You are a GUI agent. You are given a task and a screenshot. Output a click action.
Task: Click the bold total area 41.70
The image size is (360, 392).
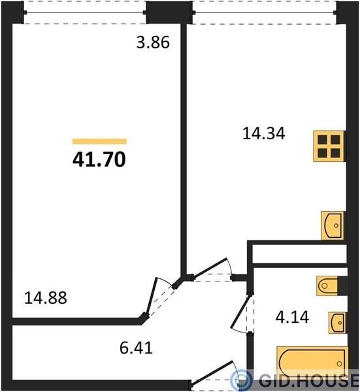coord(99,160)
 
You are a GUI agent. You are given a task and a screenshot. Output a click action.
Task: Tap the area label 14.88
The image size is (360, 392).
coord(46,298)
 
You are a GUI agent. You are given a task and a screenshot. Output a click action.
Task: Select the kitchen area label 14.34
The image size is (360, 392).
coord(264,133)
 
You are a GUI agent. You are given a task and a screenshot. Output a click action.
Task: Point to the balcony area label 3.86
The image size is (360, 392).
coord(153,42)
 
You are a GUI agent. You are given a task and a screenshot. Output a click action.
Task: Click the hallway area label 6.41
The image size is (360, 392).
coord(136,348)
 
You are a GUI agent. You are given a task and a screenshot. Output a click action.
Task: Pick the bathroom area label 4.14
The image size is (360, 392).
coord(292,317)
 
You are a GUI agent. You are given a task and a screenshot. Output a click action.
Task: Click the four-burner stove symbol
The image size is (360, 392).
coord(329,146)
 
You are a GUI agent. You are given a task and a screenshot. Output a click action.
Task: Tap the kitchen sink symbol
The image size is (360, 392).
coord(333,225)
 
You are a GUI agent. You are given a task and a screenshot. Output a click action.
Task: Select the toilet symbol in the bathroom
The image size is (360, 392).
coord(328,286)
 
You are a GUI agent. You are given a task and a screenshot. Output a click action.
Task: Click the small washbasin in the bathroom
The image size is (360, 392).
coord(337,323)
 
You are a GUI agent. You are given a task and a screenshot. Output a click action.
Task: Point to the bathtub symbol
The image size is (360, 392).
coord(312,363)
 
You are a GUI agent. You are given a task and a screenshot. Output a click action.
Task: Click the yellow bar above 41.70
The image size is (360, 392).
coord(99,142)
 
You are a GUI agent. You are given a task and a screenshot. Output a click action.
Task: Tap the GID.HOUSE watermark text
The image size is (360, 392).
coord(309,380)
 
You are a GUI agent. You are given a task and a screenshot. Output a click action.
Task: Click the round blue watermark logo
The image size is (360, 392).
coord(240,380)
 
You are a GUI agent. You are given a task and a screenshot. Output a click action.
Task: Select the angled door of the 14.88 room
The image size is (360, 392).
coord(152,297)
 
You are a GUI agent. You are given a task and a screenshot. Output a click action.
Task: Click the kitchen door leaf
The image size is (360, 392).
coord(210,268)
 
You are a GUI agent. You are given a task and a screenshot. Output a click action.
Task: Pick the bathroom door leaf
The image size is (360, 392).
coord(240,312)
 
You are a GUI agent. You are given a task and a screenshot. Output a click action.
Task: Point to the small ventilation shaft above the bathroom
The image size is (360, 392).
coord(299,253)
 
